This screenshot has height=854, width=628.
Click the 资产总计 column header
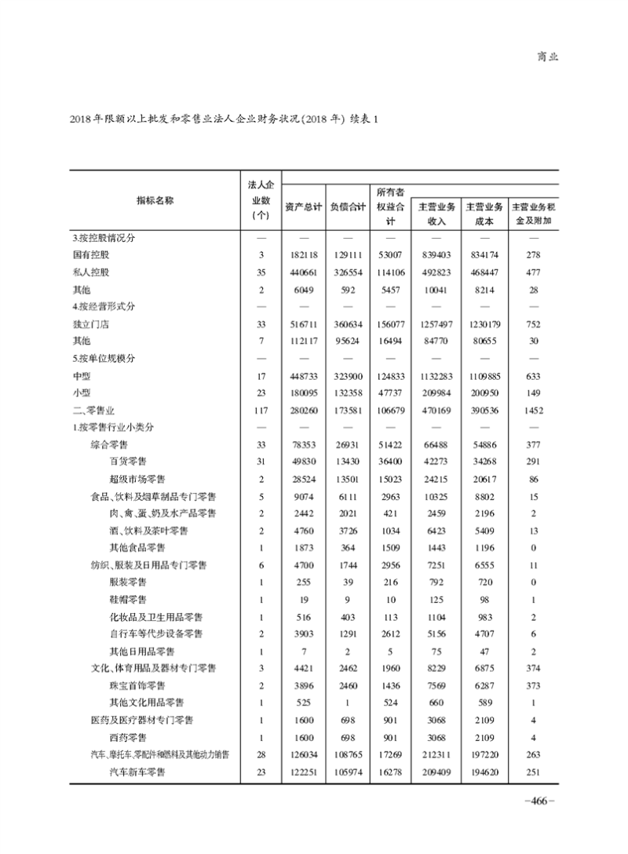(x=304, y=206)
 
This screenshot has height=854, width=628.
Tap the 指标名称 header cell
(x=155, y=200)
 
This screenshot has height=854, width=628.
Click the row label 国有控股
(x=90, y=255)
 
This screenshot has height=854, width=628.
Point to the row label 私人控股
(x=90, y=272)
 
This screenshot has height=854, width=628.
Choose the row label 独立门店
(x=90, y=323)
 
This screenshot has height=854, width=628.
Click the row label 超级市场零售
(x=137, y=478)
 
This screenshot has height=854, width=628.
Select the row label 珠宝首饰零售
(x=137, y=684)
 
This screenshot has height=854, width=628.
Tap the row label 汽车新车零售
(x=137, y=772)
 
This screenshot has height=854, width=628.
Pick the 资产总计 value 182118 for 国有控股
(x=303, y=255)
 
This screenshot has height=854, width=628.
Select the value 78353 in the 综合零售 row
(x=303, y=444)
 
